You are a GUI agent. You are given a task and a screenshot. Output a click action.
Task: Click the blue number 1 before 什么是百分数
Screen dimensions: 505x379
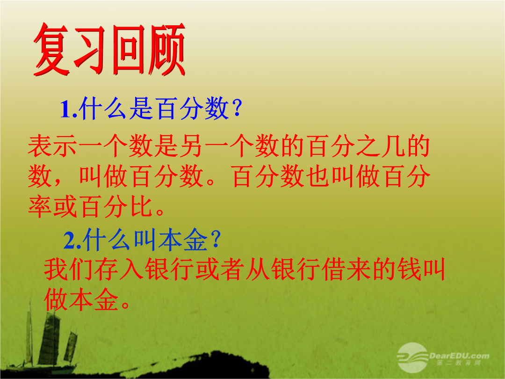[65, 109]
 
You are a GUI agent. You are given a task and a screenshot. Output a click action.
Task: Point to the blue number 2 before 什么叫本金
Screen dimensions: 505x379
[69, 241]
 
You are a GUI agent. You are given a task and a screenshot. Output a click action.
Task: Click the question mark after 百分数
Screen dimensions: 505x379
[237, 109]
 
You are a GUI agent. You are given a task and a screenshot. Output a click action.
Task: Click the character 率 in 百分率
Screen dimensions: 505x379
[40, 206]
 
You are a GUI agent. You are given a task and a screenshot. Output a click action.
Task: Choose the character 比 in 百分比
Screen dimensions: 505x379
[141, 206]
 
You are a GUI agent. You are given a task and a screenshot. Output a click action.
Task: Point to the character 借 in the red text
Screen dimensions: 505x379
[334, 269]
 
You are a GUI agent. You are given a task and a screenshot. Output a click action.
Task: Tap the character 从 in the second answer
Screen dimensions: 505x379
[258, 269]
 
